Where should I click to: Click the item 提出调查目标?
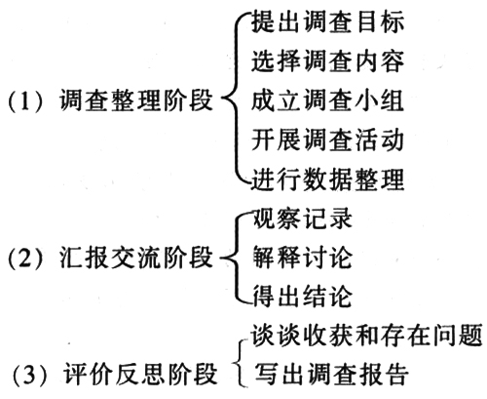327,21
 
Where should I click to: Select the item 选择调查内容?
327,61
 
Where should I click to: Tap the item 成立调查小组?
327,100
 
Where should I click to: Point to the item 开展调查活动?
327,140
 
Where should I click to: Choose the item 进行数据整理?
327,180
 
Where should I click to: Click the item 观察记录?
302,219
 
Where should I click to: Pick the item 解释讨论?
302,258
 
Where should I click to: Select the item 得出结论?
302,296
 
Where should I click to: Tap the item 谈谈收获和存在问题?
367,336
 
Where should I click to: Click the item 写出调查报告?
331,374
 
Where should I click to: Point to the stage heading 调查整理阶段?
136,100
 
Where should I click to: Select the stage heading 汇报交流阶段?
136,258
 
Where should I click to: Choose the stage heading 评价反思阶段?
140,374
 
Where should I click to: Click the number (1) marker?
25,100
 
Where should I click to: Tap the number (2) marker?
25,258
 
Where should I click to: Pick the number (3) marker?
29,375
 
